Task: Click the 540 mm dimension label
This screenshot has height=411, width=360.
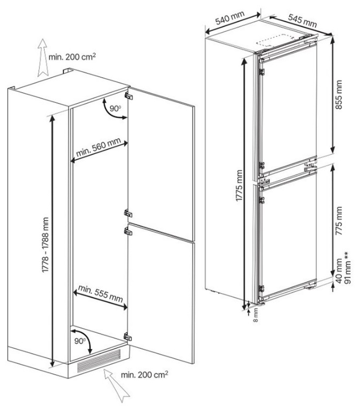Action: (x=230, y=18)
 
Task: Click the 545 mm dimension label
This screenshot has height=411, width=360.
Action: (x=302, y=20)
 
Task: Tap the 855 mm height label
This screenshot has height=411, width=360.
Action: (x=339, y=95)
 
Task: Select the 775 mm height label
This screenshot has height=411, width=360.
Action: (x=339, y=221)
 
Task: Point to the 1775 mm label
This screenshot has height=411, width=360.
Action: (x=239, y=185)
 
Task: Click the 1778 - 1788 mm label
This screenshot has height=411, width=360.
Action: (x=45, y=245)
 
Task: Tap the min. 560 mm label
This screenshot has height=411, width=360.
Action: (x=99, y=147)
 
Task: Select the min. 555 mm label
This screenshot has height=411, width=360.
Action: (x=101, y=293)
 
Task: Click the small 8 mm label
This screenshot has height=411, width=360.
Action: (x=256, y=315)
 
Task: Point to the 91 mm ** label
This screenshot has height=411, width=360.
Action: (x=347, y=268)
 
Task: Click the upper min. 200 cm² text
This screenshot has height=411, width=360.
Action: (x=72, y=56)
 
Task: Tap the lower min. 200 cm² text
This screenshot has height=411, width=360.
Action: (x=144, y=375)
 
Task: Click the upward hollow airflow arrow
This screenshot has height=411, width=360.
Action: (x=42, y=57)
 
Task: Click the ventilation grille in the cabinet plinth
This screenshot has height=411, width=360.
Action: (x=99, y=361)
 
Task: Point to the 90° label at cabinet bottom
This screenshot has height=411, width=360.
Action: (x=80, y=341)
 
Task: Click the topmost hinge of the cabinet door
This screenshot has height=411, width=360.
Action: (x=128, y=96)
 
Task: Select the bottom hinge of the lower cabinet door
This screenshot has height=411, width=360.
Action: (x=128, y=336)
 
